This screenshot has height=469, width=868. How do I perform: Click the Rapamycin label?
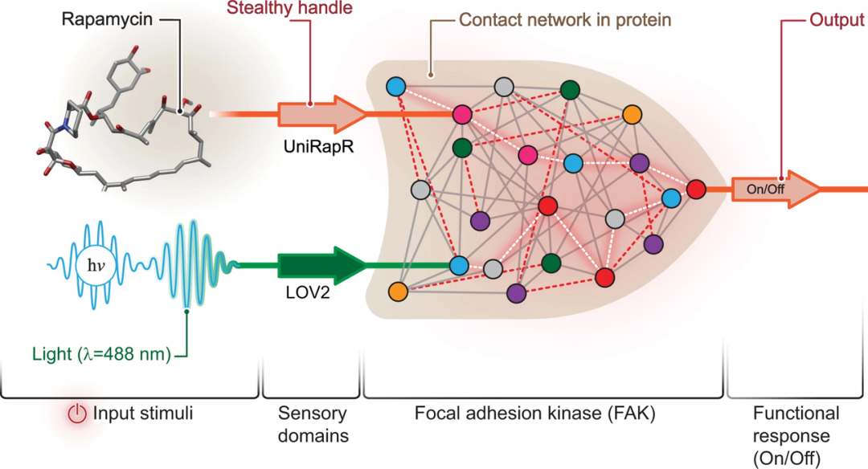click(107, 20)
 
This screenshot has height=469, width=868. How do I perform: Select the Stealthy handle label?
click(289, 8)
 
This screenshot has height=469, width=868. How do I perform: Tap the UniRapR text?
click(318, 146)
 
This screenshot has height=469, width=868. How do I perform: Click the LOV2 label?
click(307, 292)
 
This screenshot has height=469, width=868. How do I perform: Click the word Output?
click(837, 20)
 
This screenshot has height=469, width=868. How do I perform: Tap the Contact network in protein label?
click(565, 20)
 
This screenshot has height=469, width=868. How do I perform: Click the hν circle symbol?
click(96, 266)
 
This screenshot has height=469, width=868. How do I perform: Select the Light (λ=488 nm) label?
click(102, 354)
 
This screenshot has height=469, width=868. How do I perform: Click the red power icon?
click(77, 414)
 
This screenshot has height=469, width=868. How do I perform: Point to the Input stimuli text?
click(143, 413)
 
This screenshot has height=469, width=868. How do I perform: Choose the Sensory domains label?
click(313, 424)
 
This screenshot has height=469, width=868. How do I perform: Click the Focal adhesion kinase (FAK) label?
click(534, 414)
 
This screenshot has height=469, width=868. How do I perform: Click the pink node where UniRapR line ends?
click(462, 115)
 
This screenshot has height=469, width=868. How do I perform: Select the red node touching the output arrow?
click(696, 190)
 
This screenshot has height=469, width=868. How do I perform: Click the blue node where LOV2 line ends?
click(459, 266)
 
